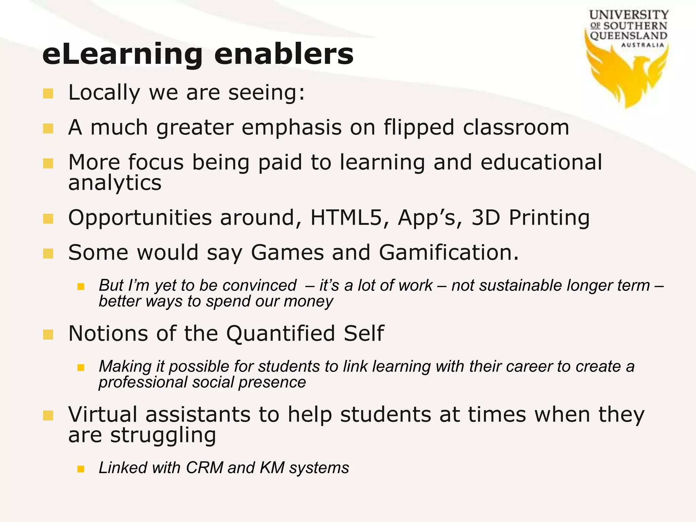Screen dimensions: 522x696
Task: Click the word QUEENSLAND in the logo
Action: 628,36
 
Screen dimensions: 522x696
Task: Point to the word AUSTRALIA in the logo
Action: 642,45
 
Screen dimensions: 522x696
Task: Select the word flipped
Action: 419,128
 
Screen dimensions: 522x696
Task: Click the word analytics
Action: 115,184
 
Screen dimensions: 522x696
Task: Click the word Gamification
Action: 449,253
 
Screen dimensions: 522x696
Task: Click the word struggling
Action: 163,436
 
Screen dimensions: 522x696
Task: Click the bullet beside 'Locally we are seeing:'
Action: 48,93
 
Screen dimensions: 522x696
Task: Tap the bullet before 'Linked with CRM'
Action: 81,469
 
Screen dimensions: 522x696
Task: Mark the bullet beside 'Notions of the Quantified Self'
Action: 48,334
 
